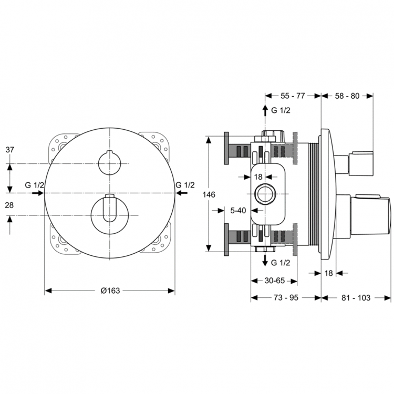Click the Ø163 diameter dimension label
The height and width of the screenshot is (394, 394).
tap(110, 291)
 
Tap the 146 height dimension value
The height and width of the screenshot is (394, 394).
tap(209, 194)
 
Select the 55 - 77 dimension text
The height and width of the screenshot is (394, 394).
tap(293, 96)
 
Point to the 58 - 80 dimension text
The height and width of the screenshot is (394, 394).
tap(347, 96)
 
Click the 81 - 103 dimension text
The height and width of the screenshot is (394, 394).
tap(356, 298)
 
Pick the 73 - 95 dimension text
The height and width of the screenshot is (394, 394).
tap(286, 298)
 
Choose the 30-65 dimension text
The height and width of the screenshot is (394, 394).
tap(275, 281)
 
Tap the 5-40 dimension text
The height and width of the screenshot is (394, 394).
tap(238, 210)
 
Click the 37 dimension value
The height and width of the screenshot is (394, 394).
tap(10, 150)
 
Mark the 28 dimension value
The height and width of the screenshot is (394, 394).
tap(9, 205)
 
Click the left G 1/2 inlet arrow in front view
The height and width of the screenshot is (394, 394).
tap(38, 193)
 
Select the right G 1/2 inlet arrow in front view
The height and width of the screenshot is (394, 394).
tap(181, 193)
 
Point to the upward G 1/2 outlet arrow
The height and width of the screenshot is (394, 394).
tap(265, 110)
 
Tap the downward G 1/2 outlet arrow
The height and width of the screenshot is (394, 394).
tap(265, 260)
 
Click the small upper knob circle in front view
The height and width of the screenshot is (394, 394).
tap(110, 163)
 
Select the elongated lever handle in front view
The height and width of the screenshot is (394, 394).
tap(110, 208)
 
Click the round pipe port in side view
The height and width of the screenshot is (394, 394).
tap(265, 194)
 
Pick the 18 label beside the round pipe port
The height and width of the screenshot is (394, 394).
tap(258, 177)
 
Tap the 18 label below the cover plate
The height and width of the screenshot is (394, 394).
tap(329, 273)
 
